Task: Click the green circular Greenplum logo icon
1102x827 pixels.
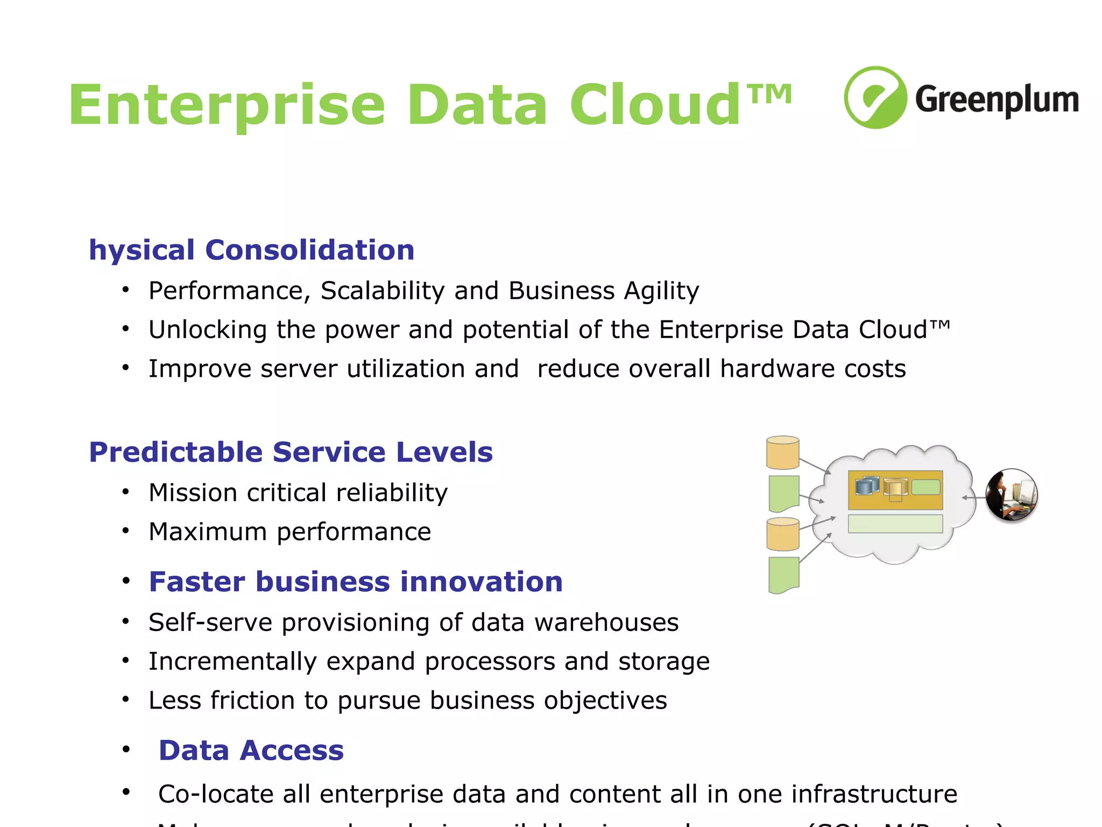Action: [x=875, y=97]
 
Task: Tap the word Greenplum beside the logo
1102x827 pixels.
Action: [x=997, y=100]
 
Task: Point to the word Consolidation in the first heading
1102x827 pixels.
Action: [x=309, y=250]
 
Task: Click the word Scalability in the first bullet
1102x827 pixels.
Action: [x=382, y=291]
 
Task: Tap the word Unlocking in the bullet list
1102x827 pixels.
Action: [x=208, y=330]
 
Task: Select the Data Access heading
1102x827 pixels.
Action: [x=251, y=751]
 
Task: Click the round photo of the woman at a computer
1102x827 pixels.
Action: [x=1011, y=495]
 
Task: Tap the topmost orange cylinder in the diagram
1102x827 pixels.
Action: [x=782, y=452]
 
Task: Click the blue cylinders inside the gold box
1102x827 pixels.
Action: [x=867, y=486]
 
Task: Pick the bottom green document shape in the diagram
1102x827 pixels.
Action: [x=783, y=574]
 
